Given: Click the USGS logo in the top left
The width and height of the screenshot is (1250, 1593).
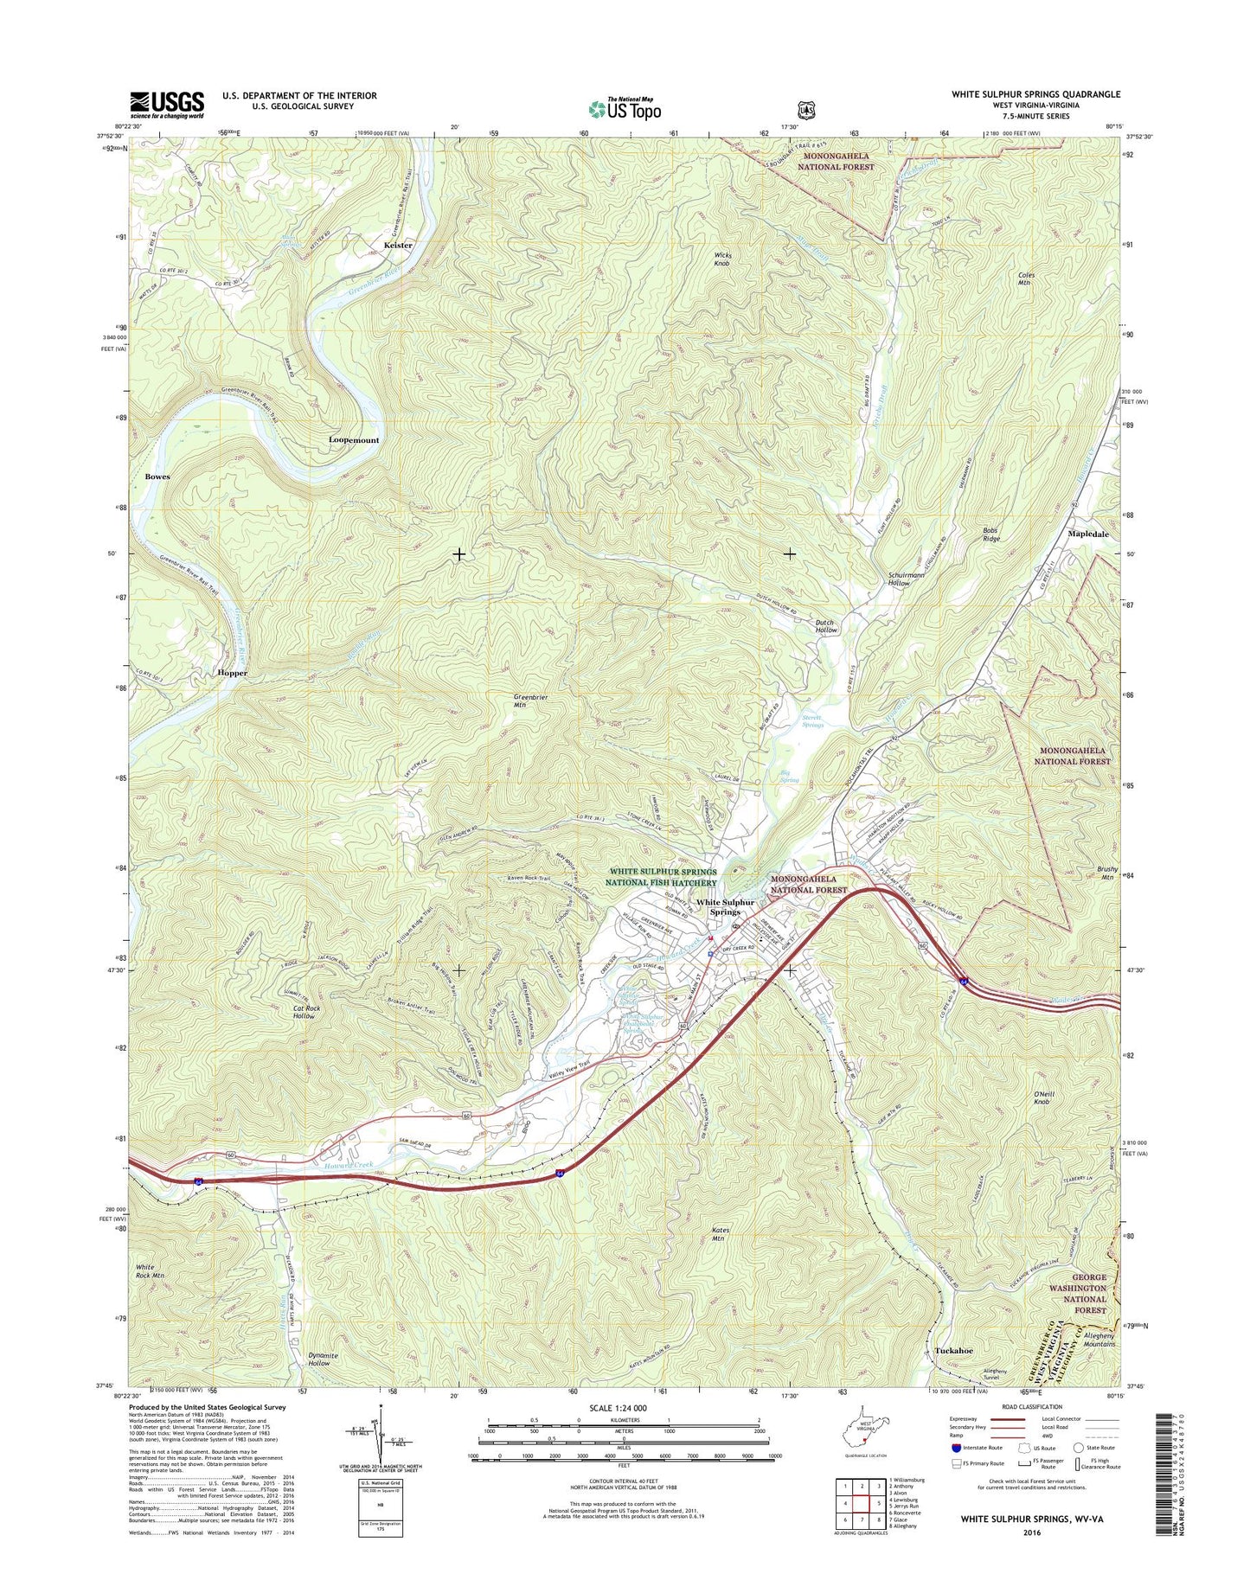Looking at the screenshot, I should point(167,105).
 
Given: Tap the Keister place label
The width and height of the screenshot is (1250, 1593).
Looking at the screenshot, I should point(398,245).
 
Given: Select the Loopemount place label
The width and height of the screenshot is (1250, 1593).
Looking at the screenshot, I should point(354,440).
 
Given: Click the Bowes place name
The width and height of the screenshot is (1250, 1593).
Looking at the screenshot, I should point(157,477).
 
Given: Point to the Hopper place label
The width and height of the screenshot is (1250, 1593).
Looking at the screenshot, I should point(232,673).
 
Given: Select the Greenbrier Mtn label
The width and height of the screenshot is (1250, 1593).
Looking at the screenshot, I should point(531,701).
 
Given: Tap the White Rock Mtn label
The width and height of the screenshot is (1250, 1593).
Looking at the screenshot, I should point(150,1270).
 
